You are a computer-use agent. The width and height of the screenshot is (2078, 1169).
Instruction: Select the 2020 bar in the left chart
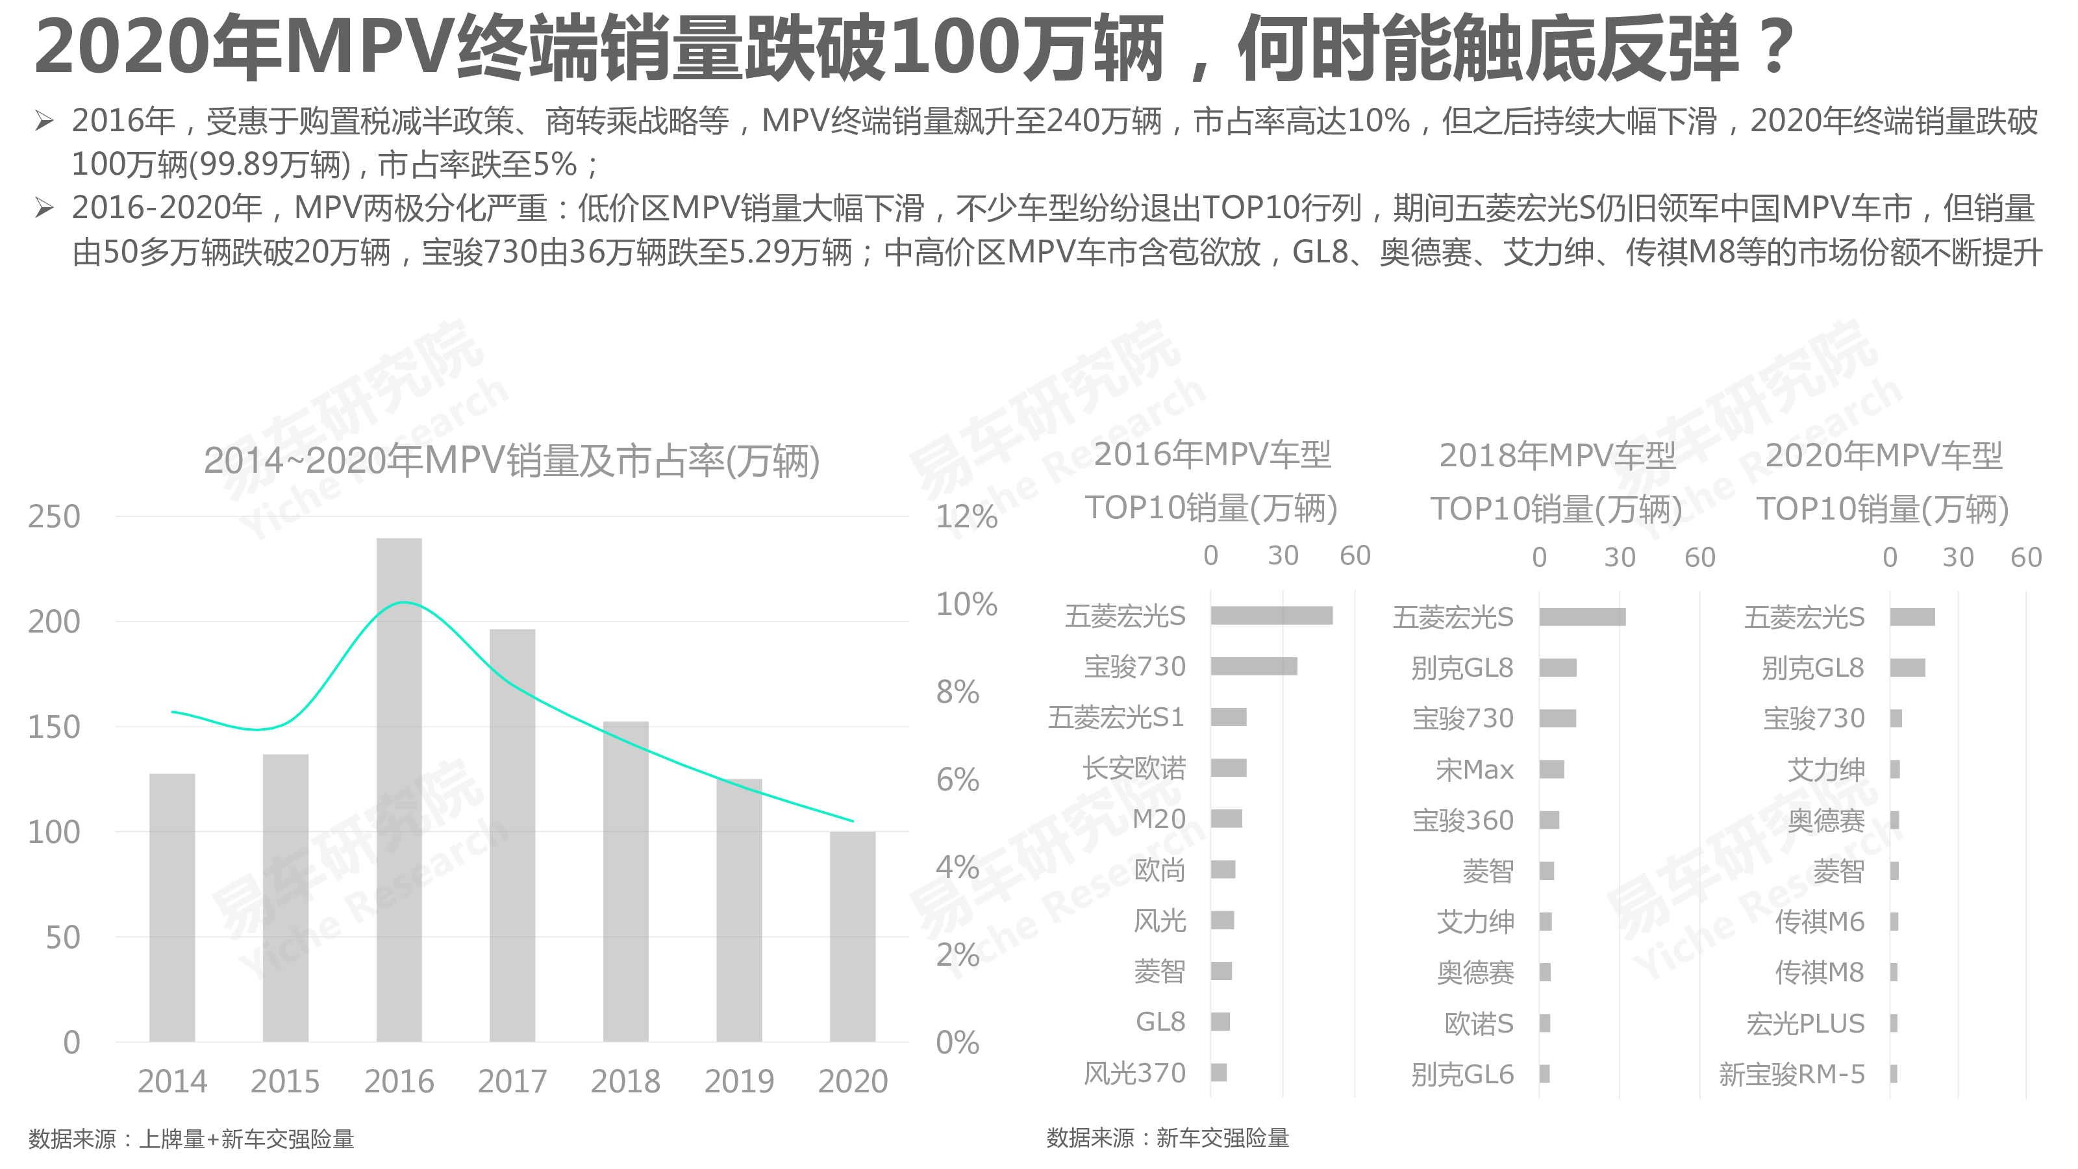point(852,936)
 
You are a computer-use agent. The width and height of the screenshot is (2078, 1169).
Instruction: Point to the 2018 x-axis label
point(625,1081)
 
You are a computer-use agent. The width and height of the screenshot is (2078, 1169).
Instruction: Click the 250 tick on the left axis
point(54,517)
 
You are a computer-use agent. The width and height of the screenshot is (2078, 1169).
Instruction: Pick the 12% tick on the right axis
point(966,517)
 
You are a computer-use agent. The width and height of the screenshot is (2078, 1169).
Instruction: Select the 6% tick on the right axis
point(958,780)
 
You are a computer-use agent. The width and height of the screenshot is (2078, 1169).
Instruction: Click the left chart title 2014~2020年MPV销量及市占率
point(512,460)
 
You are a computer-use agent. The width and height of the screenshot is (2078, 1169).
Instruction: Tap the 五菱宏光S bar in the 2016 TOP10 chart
point(1271,616)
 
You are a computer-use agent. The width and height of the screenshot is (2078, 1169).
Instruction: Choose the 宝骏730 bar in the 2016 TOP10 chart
point(1253,666)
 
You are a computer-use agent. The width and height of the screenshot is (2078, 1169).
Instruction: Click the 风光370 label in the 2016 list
point(1134,1073)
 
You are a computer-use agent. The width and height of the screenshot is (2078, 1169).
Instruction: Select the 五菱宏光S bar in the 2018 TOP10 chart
point(1582,617)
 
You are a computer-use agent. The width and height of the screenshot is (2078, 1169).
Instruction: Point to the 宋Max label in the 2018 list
point(1474,770)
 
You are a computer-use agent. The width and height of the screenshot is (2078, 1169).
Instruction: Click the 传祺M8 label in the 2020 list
point(1819,973)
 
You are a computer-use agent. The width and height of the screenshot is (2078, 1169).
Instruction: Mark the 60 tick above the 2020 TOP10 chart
point(2025,557)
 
